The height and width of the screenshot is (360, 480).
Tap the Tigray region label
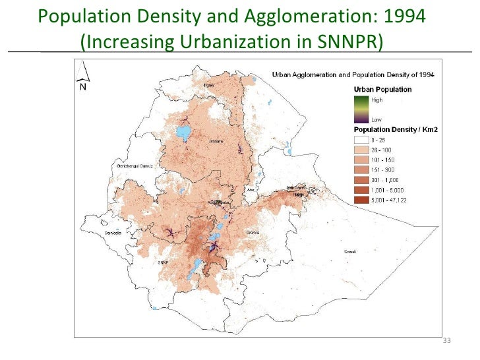click(210, 85)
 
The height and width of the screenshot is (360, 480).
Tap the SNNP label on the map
click(164, 262)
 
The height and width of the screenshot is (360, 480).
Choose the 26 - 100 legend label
click(382, 150)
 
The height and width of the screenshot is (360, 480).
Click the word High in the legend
click(376, 100)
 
